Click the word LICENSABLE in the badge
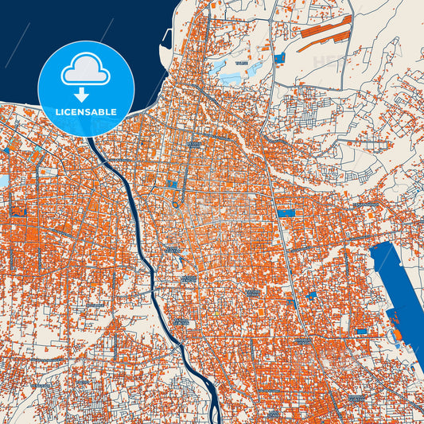click(86, 112)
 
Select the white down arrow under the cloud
click(86, 95)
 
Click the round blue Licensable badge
click(86, 88)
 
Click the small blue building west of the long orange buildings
click(279, 57)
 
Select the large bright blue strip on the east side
click(398, 286)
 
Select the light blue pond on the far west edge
click(3, 181)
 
